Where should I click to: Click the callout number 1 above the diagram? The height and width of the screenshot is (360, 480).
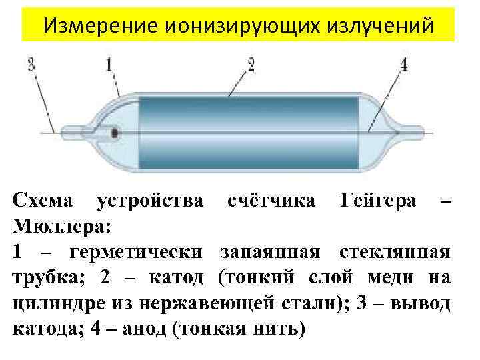point(109,65)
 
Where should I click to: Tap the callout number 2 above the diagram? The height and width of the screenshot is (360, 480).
point(251,65)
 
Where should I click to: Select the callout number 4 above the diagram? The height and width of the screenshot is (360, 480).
point(405,65)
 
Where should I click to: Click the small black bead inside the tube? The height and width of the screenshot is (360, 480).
point(115,133)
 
